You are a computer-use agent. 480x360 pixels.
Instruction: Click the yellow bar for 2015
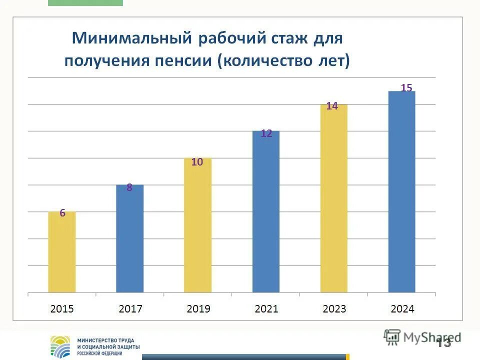(62, 252)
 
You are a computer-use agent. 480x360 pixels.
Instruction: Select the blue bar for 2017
(130, 238)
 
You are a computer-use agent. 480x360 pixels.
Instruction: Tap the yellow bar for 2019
(197, 225)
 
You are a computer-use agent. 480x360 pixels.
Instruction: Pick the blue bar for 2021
(266, 211)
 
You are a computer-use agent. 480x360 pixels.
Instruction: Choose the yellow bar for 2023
(334, 198)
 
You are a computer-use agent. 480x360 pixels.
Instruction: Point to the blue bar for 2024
(402, 191)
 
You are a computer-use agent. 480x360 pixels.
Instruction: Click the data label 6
(62, 213)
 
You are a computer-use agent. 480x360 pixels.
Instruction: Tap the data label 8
(129, 188)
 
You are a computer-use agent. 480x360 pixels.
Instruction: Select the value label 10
(197, 162)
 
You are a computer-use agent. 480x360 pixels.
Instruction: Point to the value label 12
(266, 133)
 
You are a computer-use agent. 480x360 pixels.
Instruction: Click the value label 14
(332, 106)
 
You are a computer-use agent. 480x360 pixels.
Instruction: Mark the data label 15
(406, 88)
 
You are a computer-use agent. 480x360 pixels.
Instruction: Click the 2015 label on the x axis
(62, 309)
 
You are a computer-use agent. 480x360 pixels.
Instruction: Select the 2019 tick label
(198, 309)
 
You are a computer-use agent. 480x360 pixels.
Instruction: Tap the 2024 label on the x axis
(402, 309)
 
